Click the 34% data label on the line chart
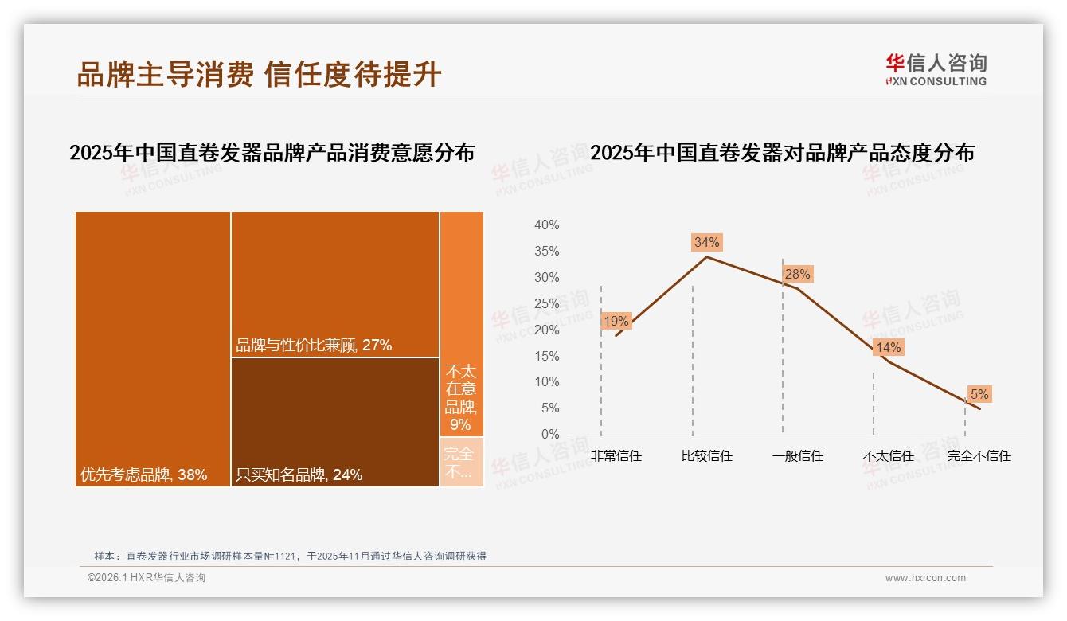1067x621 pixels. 706,242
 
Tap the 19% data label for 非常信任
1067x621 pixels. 616,322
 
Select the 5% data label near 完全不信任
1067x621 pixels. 979,394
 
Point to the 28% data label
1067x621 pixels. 797,275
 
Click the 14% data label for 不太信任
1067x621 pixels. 888,348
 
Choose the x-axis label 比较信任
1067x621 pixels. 706,456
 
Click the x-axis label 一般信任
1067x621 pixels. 797,456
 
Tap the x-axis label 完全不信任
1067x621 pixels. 979,456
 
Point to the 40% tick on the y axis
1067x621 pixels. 546,225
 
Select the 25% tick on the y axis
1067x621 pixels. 546,303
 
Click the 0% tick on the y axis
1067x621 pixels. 549,435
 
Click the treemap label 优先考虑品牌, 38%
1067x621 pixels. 143,475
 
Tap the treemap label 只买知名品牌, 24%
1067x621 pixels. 299,475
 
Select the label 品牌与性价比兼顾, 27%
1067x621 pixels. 314,346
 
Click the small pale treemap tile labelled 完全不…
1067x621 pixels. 461,463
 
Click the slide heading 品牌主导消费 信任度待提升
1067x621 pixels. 259,74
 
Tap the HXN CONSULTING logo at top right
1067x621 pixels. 936,70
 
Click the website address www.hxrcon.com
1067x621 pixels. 925,578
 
